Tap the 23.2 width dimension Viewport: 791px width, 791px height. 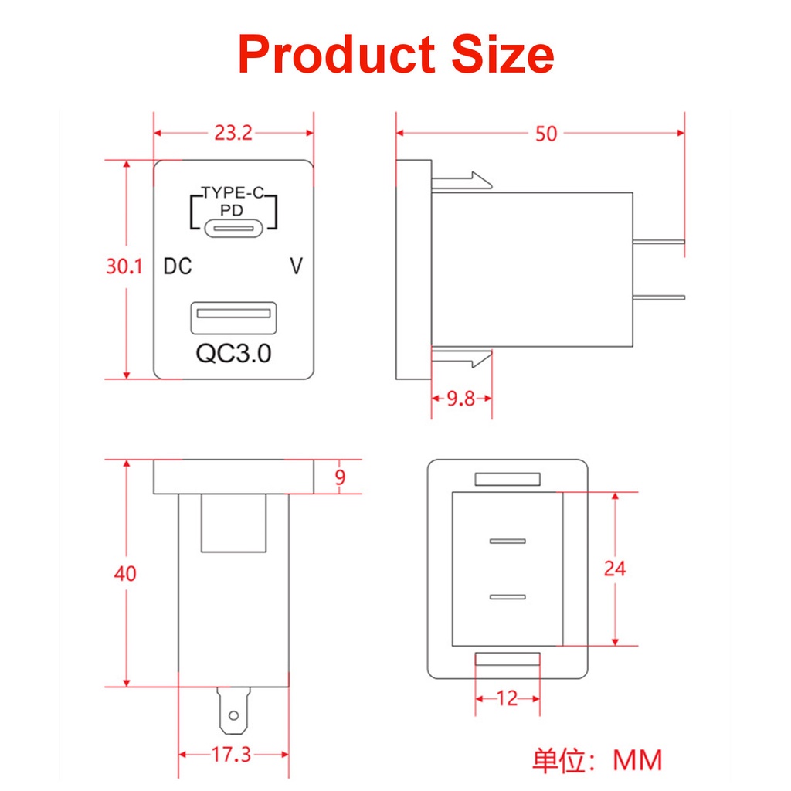coord(233,134)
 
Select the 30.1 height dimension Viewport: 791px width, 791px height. coord(124,267)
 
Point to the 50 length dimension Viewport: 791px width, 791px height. coord(545,134)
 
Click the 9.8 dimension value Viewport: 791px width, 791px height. coord(461,399)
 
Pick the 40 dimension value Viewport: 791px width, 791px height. coord(124,574)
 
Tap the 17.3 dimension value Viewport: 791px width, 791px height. coord(232,754)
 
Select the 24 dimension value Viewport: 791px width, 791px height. coord(615,569)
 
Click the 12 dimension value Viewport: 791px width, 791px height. coord(507,698)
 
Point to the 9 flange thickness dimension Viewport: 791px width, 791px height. coord(340,477)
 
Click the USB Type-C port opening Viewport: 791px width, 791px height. coord(233,229)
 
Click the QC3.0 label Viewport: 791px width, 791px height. coord(233,353)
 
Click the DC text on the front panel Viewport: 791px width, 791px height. coord(178,267)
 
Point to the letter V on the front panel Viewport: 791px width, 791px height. coord(296,267)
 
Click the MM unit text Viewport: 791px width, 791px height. coord(637,760)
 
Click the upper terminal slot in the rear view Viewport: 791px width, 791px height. coord(508,540)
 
